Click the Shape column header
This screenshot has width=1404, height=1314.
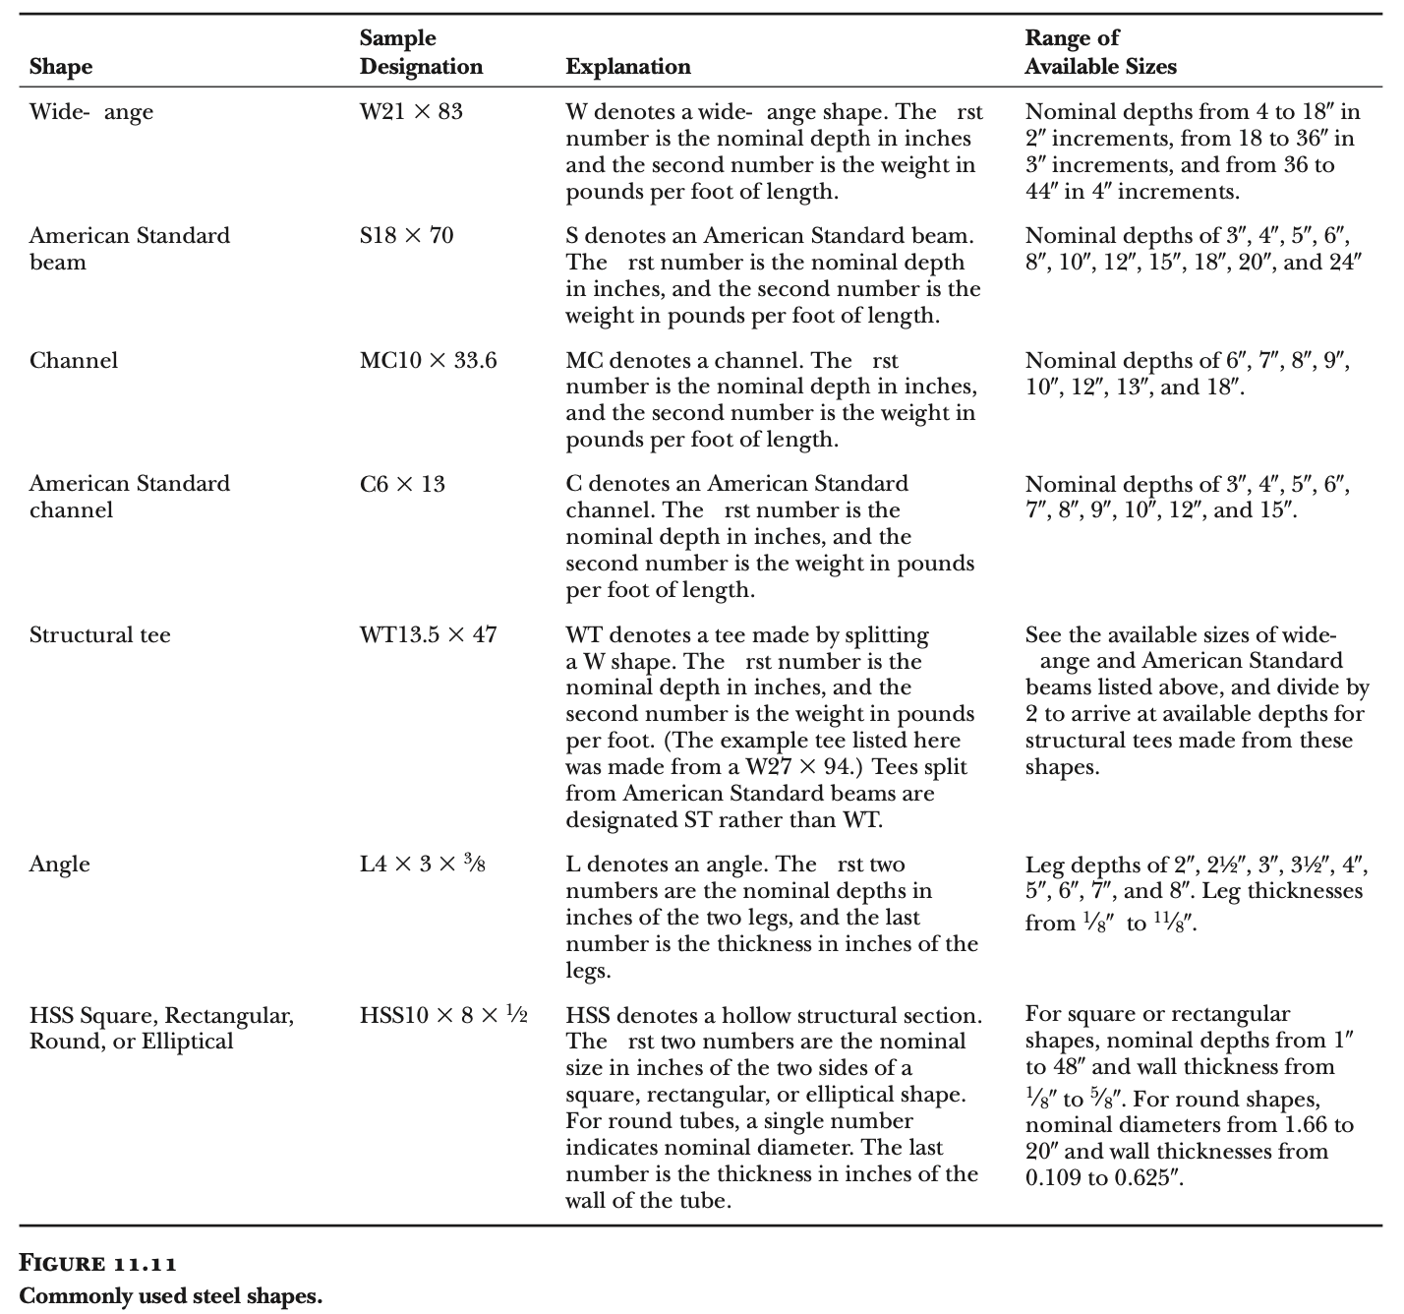click(x=60, y=67)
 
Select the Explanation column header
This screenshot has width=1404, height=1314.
click(x=627, y=67)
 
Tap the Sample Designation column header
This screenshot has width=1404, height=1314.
click(x=421, y=52)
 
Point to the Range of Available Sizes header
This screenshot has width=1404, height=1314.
click(x=1100, y=52)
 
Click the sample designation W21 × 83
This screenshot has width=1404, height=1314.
click(x=410, y=112)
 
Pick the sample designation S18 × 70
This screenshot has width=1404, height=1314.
click(x=406, y=236)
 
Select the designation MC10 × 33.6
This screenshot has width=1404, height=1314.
click(x=428, y=361)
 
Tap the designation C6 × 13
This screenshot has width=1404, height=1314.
click(x=401, y=484)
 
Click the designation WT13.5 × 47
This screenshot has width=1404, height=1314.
click(x=428, y=634)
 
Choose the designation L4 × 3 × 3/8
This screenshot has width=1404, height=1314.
click(x=422, y=865)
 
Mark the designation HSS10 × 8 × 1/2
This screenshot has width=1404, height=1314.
click(x=443, y=1015)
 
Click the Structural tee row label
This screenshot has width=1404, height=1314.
click(x=99, y=634)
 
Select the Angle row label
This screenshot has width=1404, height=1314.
click(x=59, y=865)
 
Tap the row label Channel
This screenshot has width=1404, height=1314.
click(x=73, y=361)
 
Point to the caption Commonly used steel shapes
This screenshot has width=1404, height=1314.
click(x=170, y=1295)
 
